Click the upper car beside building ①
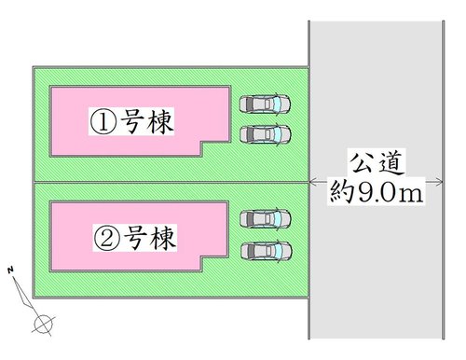(x=265, y=104)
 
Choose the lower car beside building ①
(x=265, y=134)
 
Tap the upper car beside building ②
(x=265, y=219)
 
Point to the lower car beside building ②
(x=265, y=250)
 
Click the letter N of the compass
(x=9, y=270)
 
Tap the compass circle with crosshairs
(x=43, y=324)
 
